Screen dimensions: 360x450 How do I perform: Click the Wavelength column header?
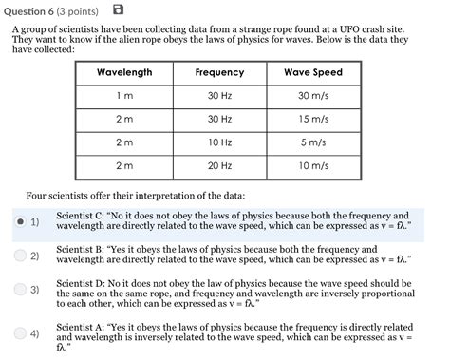tap(124, 73)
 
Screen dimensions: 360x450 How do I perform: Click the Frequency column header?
tap(219, 73)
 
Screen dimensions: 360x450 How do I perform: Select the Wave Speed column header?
tap(313, 73)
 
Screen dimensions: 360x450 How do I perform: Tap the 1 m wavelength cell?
tap(124, 96)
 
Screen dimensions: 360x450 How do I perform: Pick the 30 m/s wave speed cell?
tap(313, 96)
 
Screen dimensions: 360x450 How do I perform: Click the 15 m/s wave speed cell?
tap(313, 119)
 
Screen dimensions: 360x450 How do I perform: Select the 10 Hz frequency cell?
tap(219, 142)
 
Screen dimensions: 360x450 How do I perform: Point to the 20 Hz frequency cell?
tap(219, 165)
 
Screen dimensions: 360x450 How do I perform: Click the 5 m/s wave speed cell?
tap(313, 142)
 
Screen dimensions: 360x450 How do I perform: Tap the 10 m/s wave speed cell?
tap(313, 165)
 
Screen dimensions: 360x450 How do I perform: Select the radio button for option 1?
tap(21, 221)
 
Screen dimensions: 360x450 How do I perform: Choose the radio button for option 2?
tap(21, 256)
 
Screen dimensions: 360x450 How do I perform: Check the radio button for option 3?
tap(21, 289)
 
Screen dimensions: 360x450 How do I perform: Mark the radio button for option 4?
tap(21, 333)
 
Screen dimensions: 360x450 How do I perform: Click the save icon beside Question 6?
tap(118, 9)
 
